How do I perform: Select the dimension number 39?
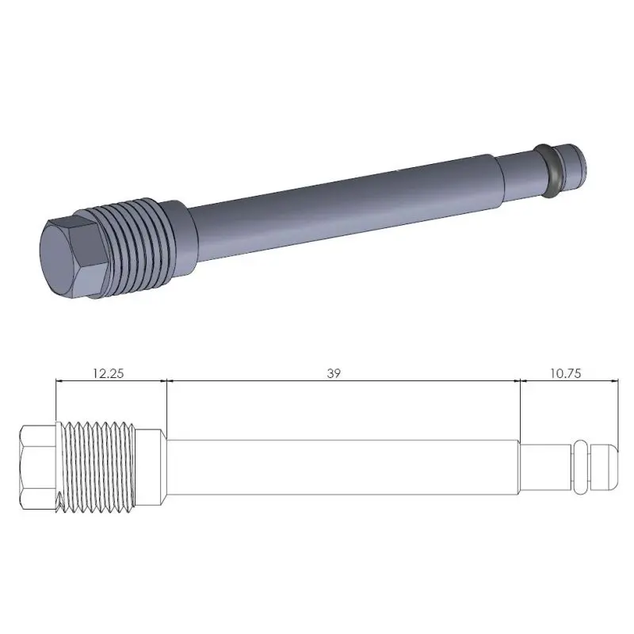tap(334, 372)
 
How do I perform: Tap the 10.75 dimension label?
tap(564, 372)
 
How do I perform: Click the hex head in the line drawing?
tap(37, 468)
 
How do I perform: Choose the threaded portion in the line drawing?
tap(99, 468)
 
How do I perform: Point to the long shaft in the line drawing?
tap(341, 468)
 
